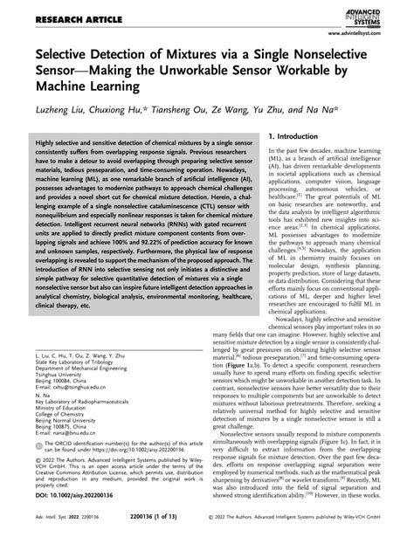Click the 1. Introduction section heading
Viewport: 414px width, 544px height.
click(302, 137)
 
